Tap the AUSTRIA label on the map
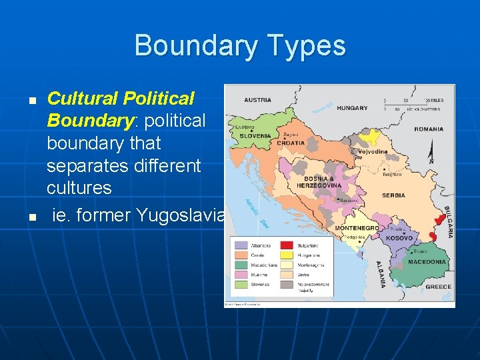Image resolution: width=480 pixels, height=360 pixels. coord(257,101)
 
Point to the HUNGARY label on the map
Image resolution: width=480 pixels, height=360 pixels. coord(352,107)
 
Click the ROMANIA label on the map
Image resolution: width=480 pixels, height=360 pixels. coord(429,129)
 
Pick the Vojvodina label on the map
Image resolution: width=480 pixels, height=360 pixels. coord(372,152)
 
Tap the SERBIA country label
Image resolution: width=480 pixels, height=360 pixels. coord(393,196)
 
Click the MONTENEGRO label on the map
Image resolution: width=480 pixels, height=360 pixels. coord(357,228)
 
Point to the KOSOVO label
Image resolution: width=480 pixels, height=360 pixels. coord(399,238)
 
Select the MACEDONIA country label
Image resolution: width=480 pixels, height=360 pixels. coord(427,262)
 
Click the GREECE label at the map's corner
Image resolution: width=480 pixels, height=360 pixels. coord(438,287)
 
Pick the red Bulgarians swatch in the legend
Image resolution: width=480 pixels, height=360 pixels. coord(288,246)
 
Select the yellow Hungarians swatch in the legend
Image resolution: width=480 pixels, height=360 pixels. coord(288,255)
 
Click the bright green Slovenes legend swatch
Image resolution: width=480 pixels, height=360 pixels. coord(240,284)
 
